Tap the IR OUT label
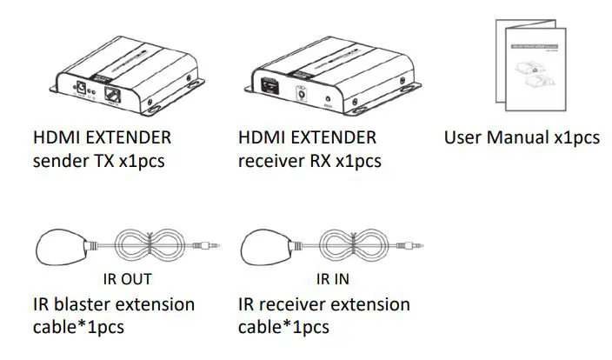(x=127, y=279)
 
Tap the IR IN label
(x=333, y=279)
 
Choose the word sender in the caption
(x=55, y=162)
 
